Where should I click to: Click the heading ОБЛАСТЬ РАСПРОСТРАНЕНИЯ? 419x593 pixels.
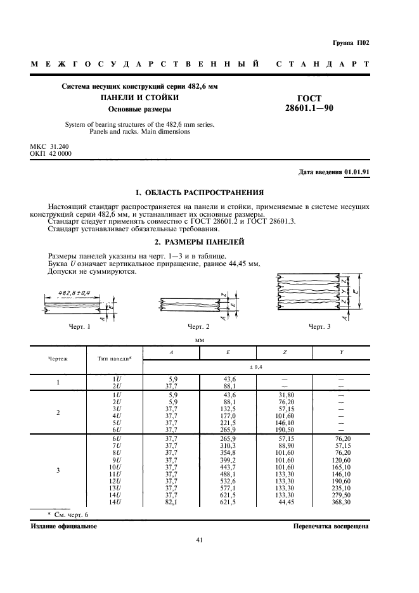200,192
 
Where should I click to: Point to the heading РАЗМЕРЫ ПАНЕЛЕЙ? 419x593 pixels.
200,243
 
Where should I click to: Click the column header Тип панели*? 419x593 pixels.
114,359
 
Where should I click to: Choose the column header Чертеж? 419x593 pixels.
58,359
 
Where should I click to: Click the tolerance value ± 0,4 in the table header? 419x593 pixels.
256,366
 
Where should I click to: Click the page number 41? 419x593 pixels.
200,540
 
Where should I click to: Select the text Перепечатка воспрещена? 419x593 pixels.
330,526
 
